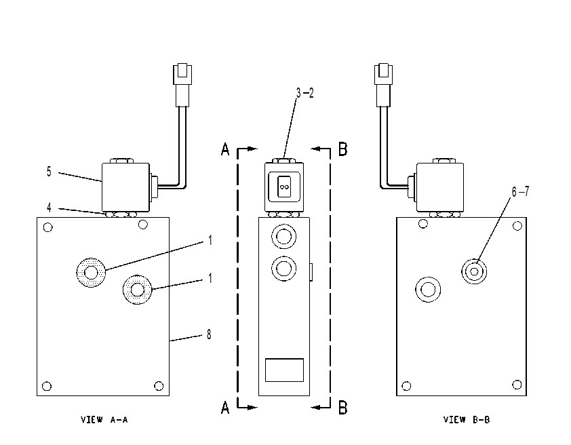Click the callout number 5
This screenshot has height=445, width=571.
pos(49,172)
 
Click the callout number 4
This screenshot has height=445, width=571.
pos(49,208)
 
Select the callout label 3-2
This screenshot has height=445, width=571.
pos(304,93)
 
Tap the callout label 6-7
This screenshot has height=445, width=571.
pos(520,191)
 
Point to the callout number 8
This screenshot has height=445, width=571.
pos(209,334)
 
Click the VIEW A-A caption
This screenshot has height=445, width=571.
pos(104,419)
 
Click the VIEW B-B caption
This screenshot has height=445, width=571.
pos(467,419)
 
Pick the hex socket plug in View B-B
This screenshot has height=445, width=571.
pos(474,271)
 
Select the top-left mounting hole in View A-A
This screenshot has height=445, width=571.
pos(47,228)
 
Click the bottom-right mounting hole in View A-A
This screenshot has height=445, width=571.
pos(159,385)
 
